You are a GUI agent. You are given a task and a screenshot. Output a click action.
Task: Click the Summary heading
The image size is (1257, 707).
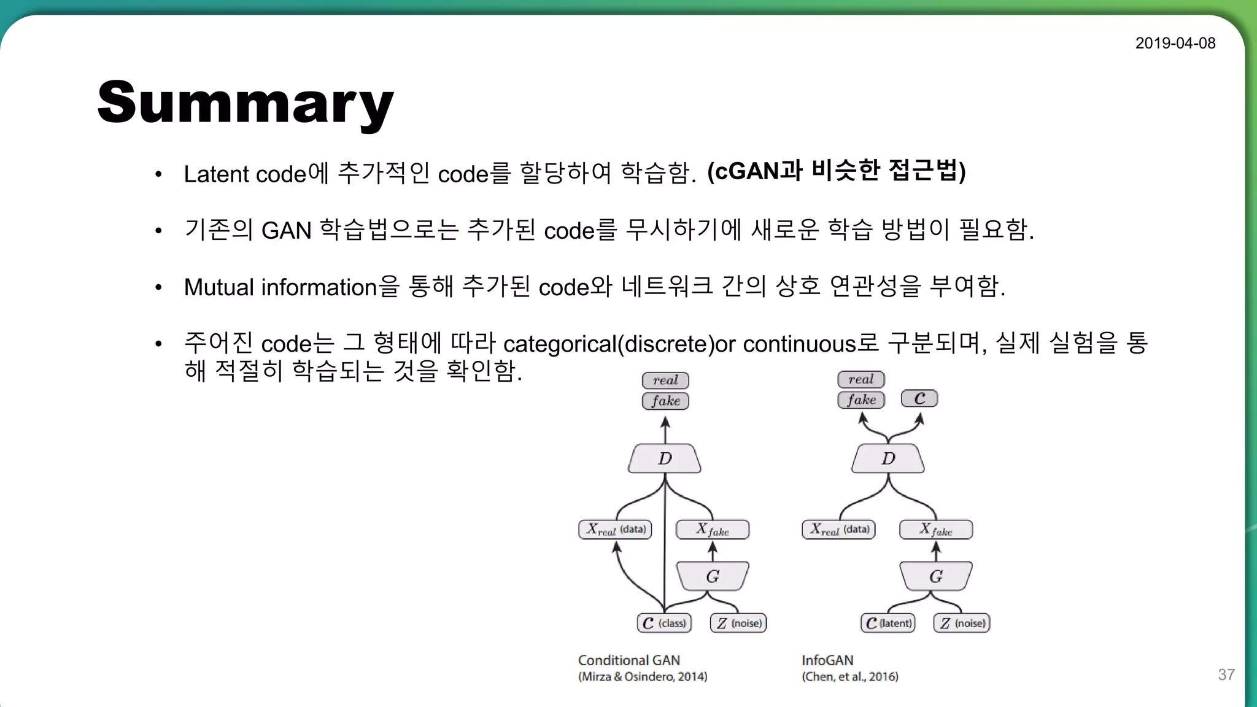click(246, 103)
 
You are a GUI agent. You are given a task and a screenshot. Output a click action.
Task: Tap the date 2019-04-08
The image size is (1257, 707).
click(1175, 43)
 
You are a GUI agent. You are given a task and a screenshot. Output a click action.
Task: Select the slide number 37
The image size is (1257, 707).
click(1226, 674)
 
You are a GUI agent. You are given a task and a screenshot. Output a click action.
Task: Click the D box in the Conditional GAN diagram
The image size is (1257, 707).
click(665, 458)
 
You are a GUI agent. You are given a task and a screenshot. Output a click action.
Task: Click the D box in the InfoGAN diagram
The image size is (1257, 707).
click(888, 458)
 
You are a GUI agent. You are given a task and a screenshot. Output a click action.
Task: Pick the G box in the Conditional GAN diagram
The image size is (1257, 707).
click(712, 576)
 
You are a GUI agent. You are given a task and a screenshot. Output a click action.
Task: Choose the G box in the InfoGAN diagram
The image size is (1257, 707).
click(935, 576)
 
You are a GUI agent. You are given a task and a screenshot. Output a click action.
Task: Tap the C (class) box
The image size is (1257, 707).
click(665, 623)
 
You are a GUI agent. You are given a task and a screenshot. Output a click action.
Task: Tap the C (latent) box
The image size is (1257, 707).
click(888, 623)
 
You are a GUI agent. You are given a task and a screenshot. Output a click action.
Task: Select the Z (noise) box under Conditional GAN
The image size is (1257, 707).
click(739, 623)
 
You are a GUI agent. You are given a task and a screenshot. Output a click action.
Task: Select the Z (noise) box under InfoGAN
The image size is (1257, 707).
click(962, 623)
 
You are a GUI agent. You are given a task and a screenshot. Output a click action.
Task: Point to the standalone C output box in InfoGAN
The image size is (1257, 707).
click(919, 399)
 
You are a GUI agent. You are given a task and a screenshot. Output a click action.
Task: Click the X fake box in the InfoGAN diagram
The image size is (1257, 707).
click(936, 529)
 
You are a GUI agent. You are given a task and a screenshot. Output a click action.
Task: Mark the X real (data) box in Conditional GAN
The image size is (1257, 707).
click(616, 529)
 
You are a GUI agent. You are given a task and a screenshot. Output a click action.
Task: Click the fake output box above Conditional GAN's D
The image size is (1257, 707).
click(666, 401)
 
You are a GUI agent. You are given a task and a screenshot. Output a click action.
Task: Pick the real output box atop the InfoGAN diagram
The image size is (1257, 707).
click(861, 379)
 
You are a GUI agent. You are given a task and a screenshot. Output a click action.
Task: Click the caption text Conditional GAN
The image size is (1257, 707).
click(629, 660)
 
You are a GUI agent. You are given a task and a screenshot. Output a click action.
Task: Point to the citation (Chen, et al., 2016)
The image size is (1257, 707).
click(850, 676)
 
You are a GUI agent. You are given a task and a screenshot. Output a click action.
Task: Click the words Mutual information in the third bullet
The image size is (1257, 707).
click(280, 287)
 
